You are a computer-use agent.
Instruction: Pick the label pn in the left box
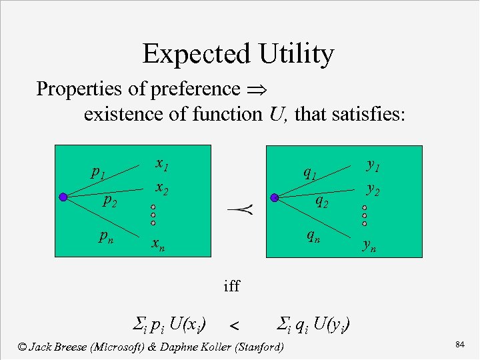[x=105, y=235]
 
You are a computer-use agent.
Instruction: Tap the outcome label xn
[x=157, y=245]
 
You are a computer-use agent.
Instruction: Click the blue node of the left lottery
[x=63, y=197]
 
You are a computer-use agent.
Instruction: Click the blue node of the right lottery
[x=274, y=197]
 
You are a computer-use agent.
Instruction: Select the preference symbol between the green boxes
[x=235, y=212]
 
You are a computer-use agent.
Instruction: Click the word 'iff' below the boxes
[x=231, y=287]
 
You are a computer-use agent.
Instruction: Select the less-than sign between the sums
[x=234, y=326]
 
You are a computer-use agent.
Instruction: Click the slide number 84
[x=459, y=344]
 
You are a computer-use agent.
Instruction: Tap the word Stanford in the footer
[x=257, y=347]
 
